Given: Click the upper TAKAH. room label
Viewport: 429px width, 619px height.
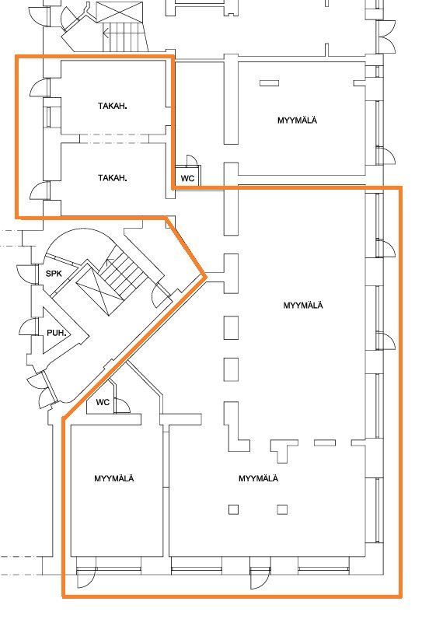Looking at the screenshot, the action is pos(113,106).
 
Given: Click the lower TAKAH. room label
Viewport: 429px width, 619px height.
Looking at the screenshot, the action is pos(113,178).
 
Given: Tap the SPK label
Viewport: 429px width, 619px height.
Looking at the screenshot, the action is pos(54,273).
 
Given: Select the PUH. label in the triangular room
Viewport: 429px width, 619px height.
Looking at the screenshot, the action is pos(56,333).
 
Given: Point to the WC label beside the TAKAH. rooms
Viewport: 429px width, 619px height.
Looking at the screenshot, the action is pos(187,178).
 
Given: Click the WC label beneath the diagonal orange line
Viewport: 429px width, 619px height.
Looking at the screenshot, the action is pos(103,402).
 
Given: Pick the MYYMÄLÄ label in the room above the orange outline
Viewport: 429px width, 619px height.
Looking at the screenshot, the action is pos(297,120).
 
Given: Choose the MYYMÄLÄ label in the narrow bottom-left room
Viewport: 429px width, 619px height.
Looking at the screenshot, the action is pos(114,478).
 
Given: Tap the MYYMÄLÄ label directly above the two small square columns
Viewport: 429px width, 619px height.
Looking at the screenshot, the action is pos(258,478).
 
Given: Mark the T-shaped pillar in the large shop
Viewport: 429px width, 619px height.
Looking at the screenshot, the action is pos(284,450).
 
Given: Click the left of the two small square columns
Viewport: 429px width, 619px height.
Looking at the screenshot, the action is pos(233,509).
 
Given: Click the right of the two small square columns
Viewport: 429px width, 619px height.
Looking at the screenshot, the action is pos(282,509).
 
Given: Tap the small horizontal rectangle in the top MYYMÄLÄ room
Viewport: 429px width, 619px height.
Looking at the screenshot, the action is pos(269,83).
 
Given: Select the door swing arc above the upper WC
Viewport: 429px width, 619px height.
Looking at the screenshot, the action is pos(192,159).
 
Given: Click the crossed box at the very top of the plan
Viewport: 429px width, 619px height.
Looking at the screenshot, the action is pos(119,12).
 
